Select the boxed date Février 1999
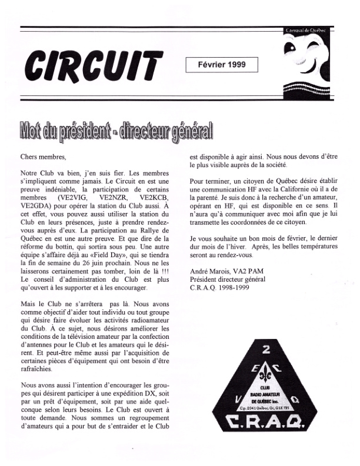click(221, 64)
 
